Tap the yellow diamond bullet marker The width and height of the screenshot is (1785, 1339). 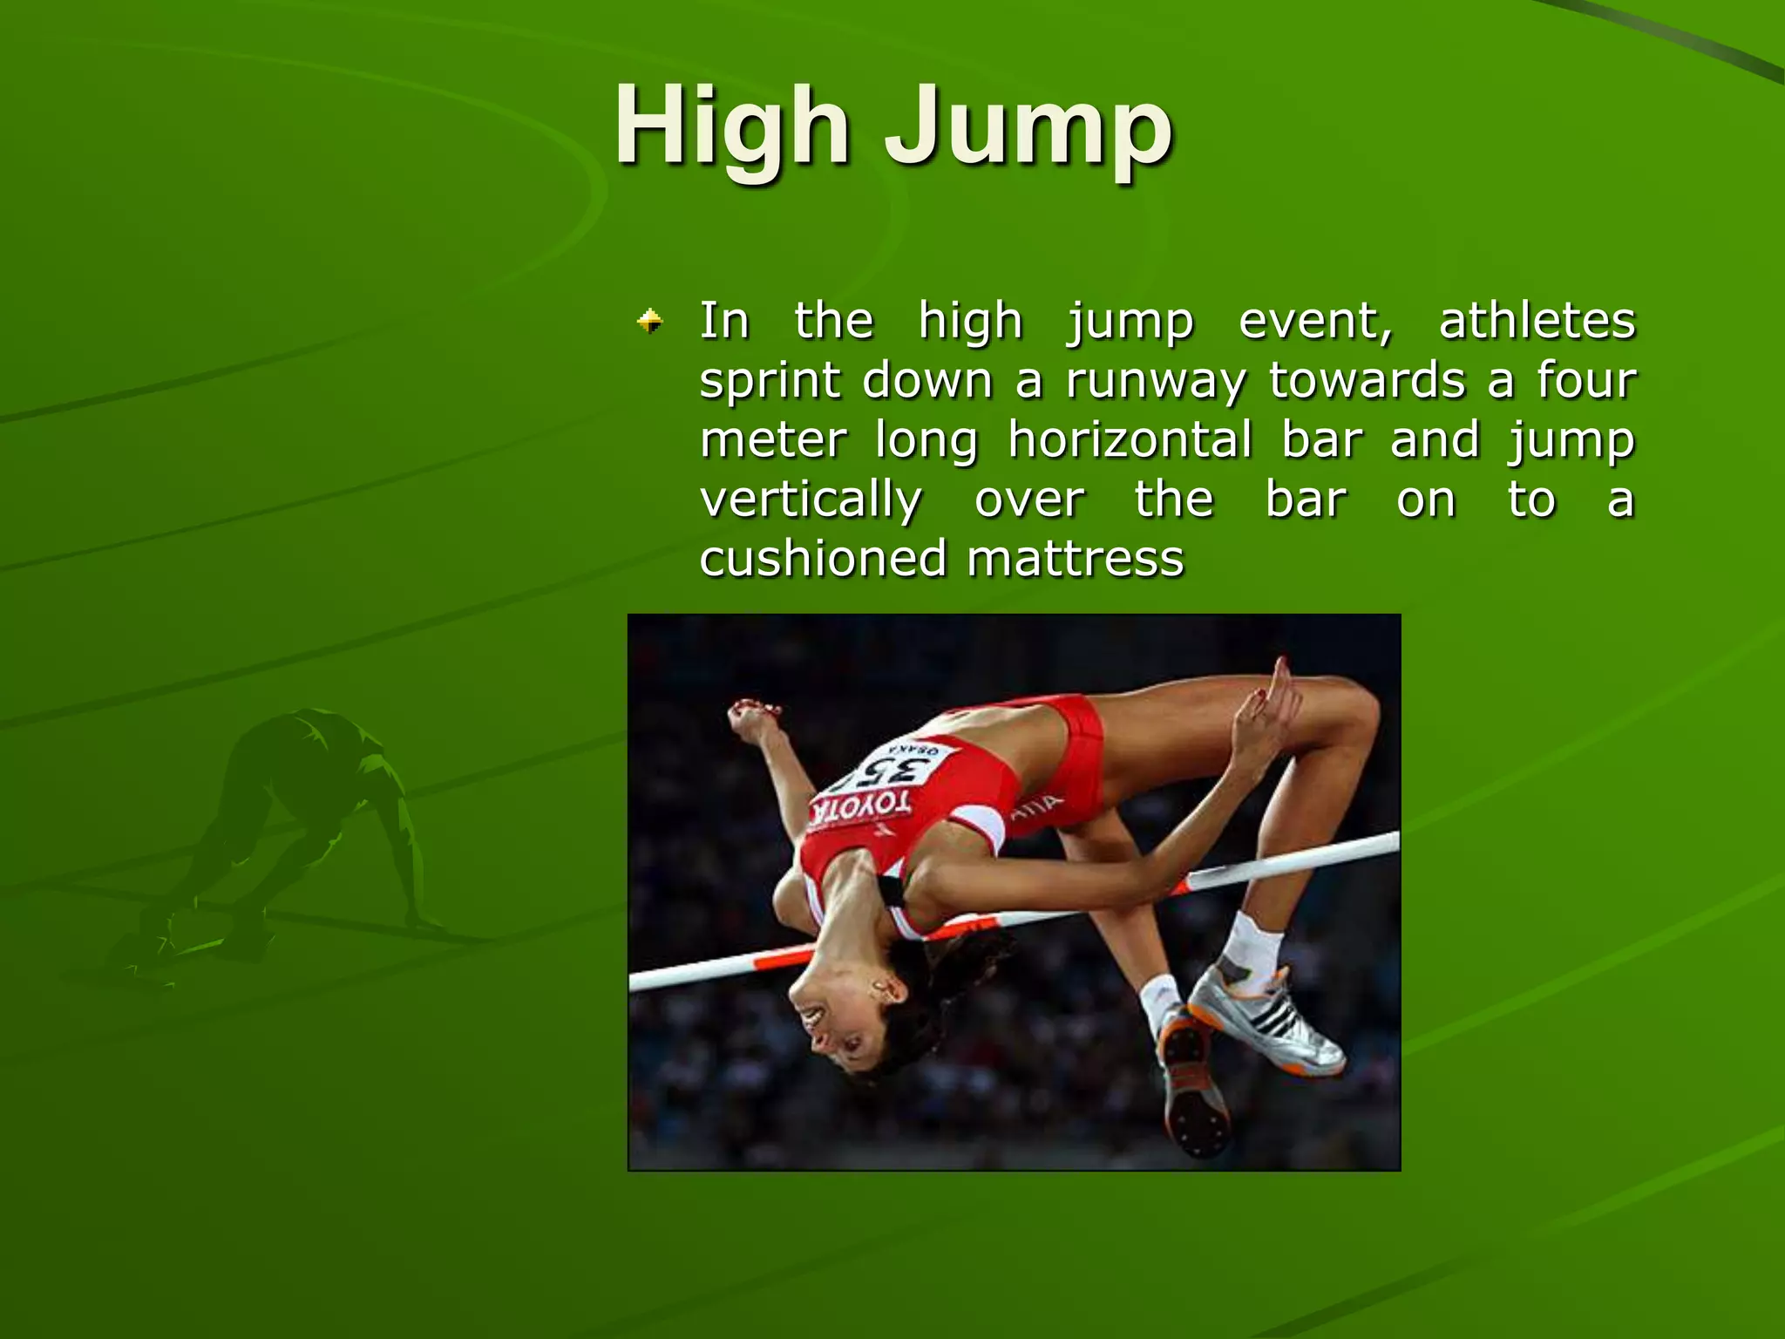649,322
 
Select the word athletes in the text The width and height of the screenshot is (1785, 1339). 1537,320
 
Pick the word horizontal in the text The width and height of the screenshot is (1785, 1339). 1130,439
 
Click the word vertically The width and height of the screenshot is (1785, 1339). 811,501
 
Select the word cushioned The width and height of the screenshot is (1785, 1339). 822,559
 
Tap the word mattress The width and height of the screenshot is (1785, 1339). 1076,559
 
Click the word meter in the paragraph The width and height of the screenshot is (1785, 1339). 773,439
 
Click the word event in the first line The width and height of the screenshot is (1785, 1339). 1314,322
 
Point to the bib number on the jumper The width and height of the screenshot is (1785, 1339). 893,771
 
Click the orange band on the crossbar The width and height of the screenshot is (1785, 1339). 784,959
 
